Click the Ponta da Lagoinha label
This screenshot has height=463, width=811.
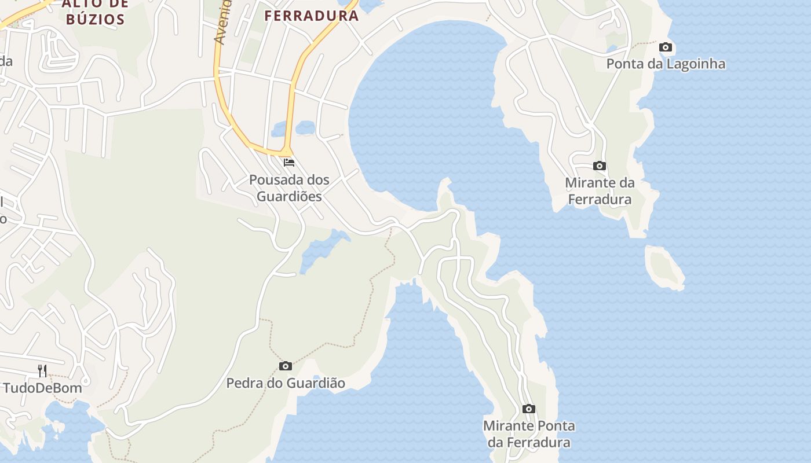[x=666, y=64]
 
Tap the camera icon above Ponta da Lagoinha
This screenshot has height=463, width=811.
[x=666, y=47]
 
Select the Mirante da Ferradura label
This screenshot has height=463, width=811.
[x=600, y=191]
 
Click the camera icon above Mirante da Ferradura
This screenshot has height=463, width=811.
[x=600, y=166]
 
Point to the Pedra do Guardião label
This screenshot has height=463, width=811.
[x=286, y=383]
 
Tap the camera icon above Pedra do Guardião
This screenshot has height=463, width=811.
[x=286, y=366]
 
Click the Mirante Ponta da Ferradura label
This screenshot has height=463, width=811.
[x=529, y=434]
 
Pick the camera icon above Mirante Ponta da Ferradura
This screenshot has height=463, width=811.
[x=528, y=409]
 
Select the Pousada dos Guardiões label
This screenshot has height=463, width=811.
[x=289, y=188]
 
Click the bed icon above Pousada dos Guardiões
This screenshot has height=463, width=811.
[x=289, y=162]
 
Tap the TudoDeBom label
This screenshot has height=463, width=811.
[x=43, y=388]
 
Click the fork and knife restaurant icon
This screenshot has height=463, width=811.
[x=42, y=370]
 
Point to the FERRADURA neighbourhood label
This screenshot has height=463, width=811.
[x=312, y=16]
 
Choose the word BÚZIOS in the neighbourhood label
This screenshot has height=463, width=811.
[x=96, y=19]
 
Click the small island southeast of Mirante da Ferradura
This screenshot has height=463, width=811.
[x=666, y=267]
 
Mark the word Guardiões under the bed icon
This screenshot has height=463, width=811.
[x=289, y=196]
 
